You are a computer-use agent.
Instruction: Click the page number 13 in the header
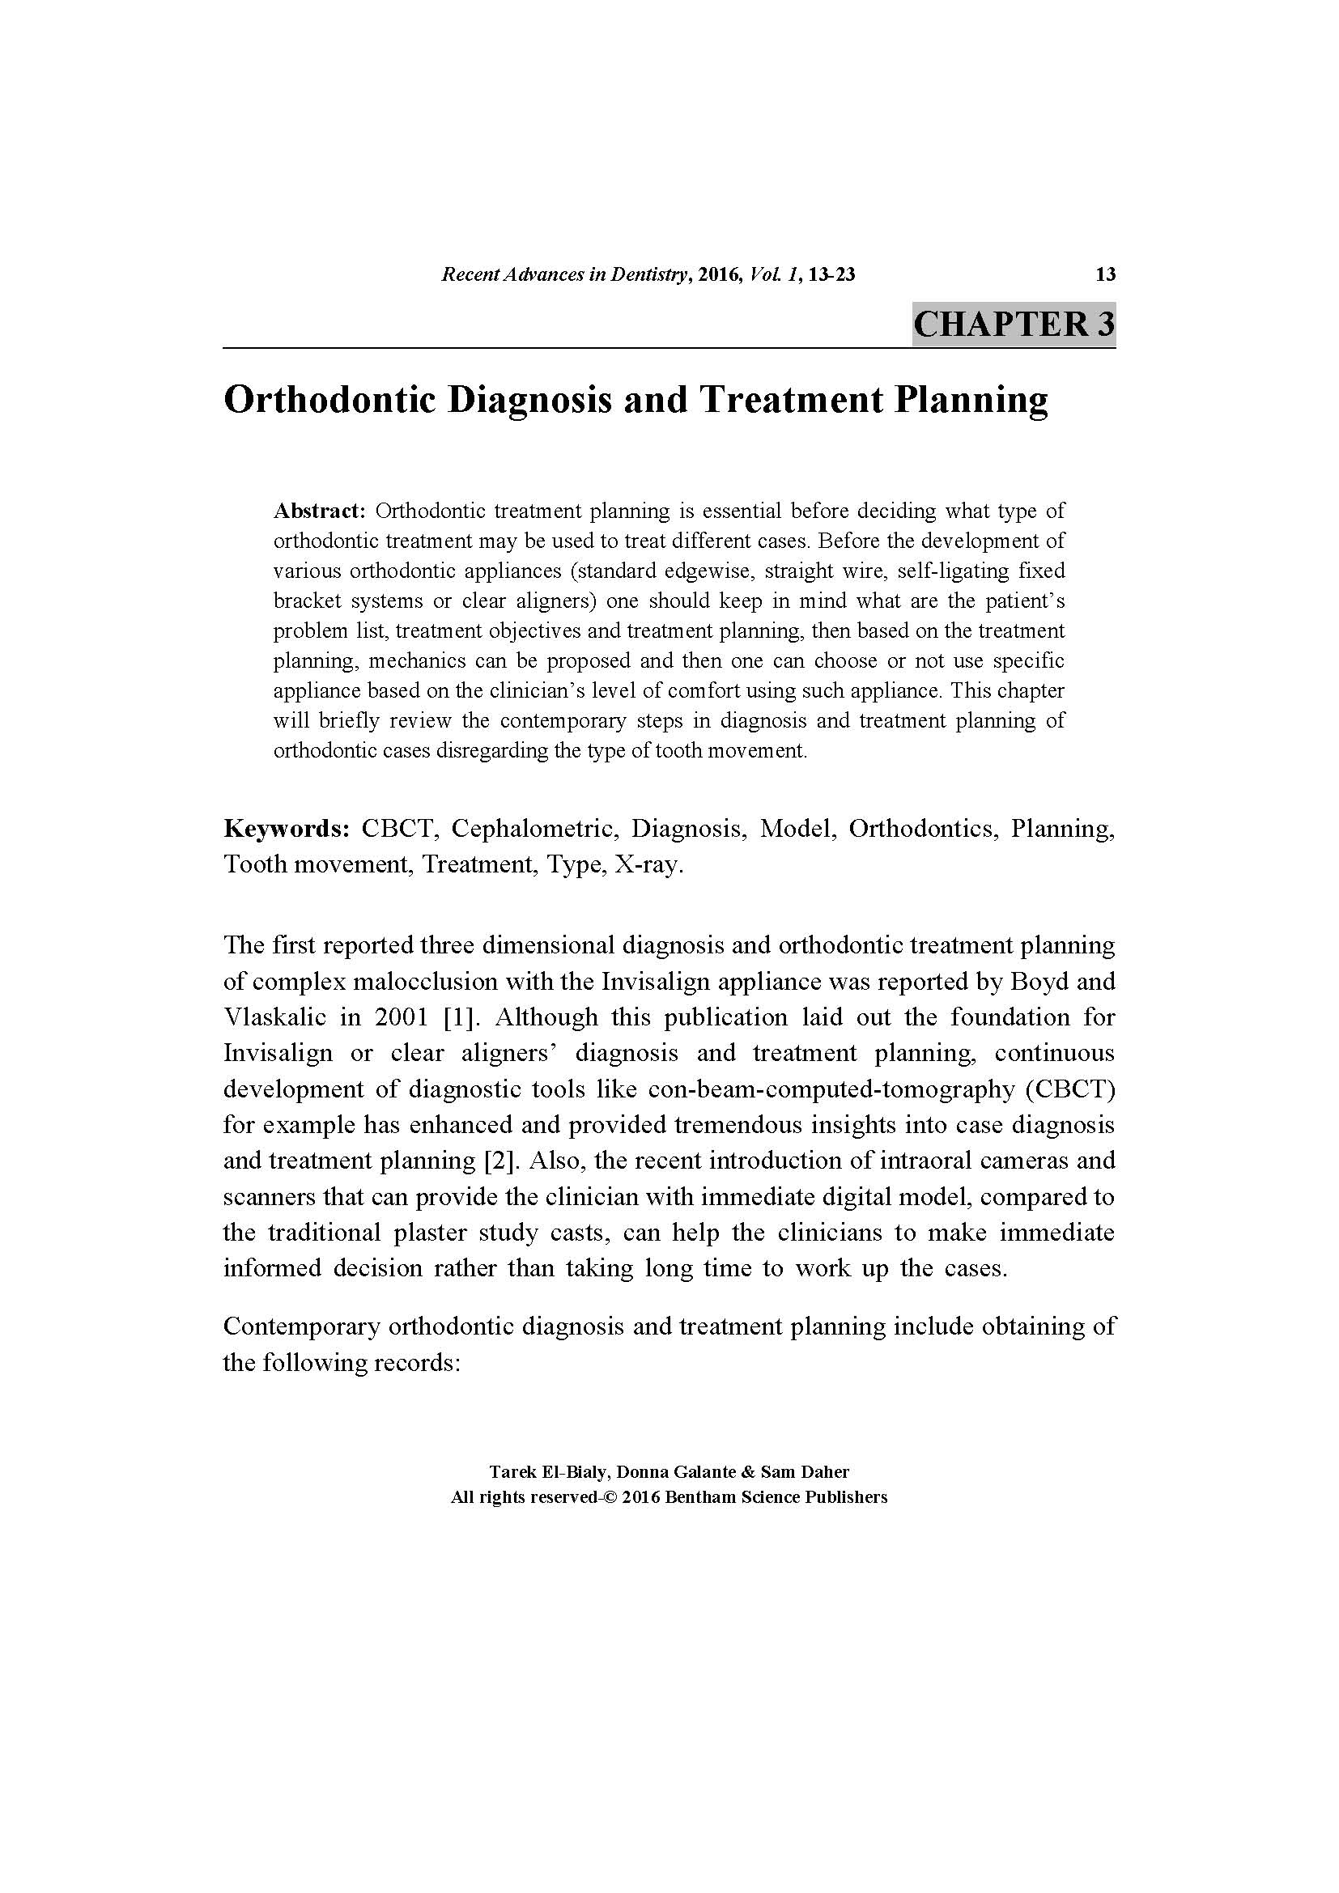click(x=1105, y=274)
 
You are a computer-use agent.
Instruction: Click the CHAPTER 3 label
click(x=1014, y=323)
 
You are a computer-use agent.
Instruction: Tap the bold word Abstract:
click(x=319, y=511)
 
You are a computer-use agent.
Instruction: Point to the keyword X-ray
click(x=649, y=865)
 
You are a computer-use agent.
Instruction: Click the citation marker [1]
click(x=457, y=1017)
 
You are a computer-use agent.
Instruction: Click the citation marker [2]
click(x=499, y=1161)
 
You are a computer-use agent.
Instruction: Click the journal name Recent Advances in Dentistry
click(x=565, y=274)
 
